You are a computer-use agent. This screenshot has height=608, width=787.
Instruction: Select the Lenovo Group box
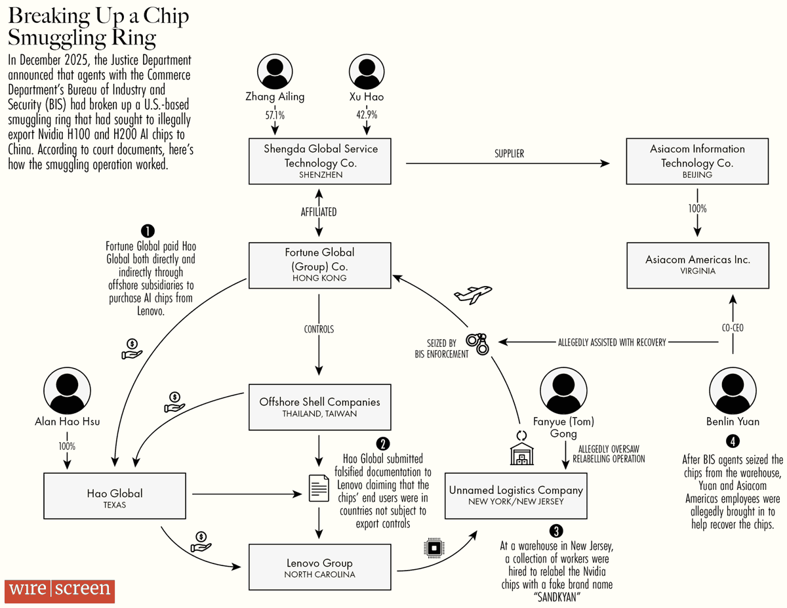tap(319, 567)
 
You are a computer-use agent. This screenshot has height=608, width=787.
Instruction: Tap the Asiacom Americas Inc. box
tap(697, 265)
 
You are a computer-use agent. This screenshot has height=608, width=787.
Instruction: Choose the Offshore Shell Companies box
tap(319, 407)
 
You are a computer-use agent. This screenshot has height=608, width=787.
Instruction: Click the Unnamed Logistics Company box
tap(515, 495)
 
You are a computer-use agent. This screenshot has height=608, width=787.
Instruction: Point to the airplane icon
tap(472, 293)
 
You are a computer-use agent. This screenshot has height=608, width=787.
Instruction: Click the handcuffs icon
tap(477, 342)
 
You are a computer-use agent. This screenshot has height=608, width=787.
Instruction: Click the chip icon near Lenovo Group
tap(433, 547)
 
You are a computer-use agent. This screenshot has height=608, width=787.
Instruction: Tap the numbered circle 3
tap(557, 531)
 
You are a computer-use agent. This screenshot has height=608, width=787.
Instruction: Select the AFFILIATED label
tap(319, 212)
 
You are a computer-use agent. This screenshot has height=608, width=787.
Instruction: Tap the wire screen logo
tap(60, 590)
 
